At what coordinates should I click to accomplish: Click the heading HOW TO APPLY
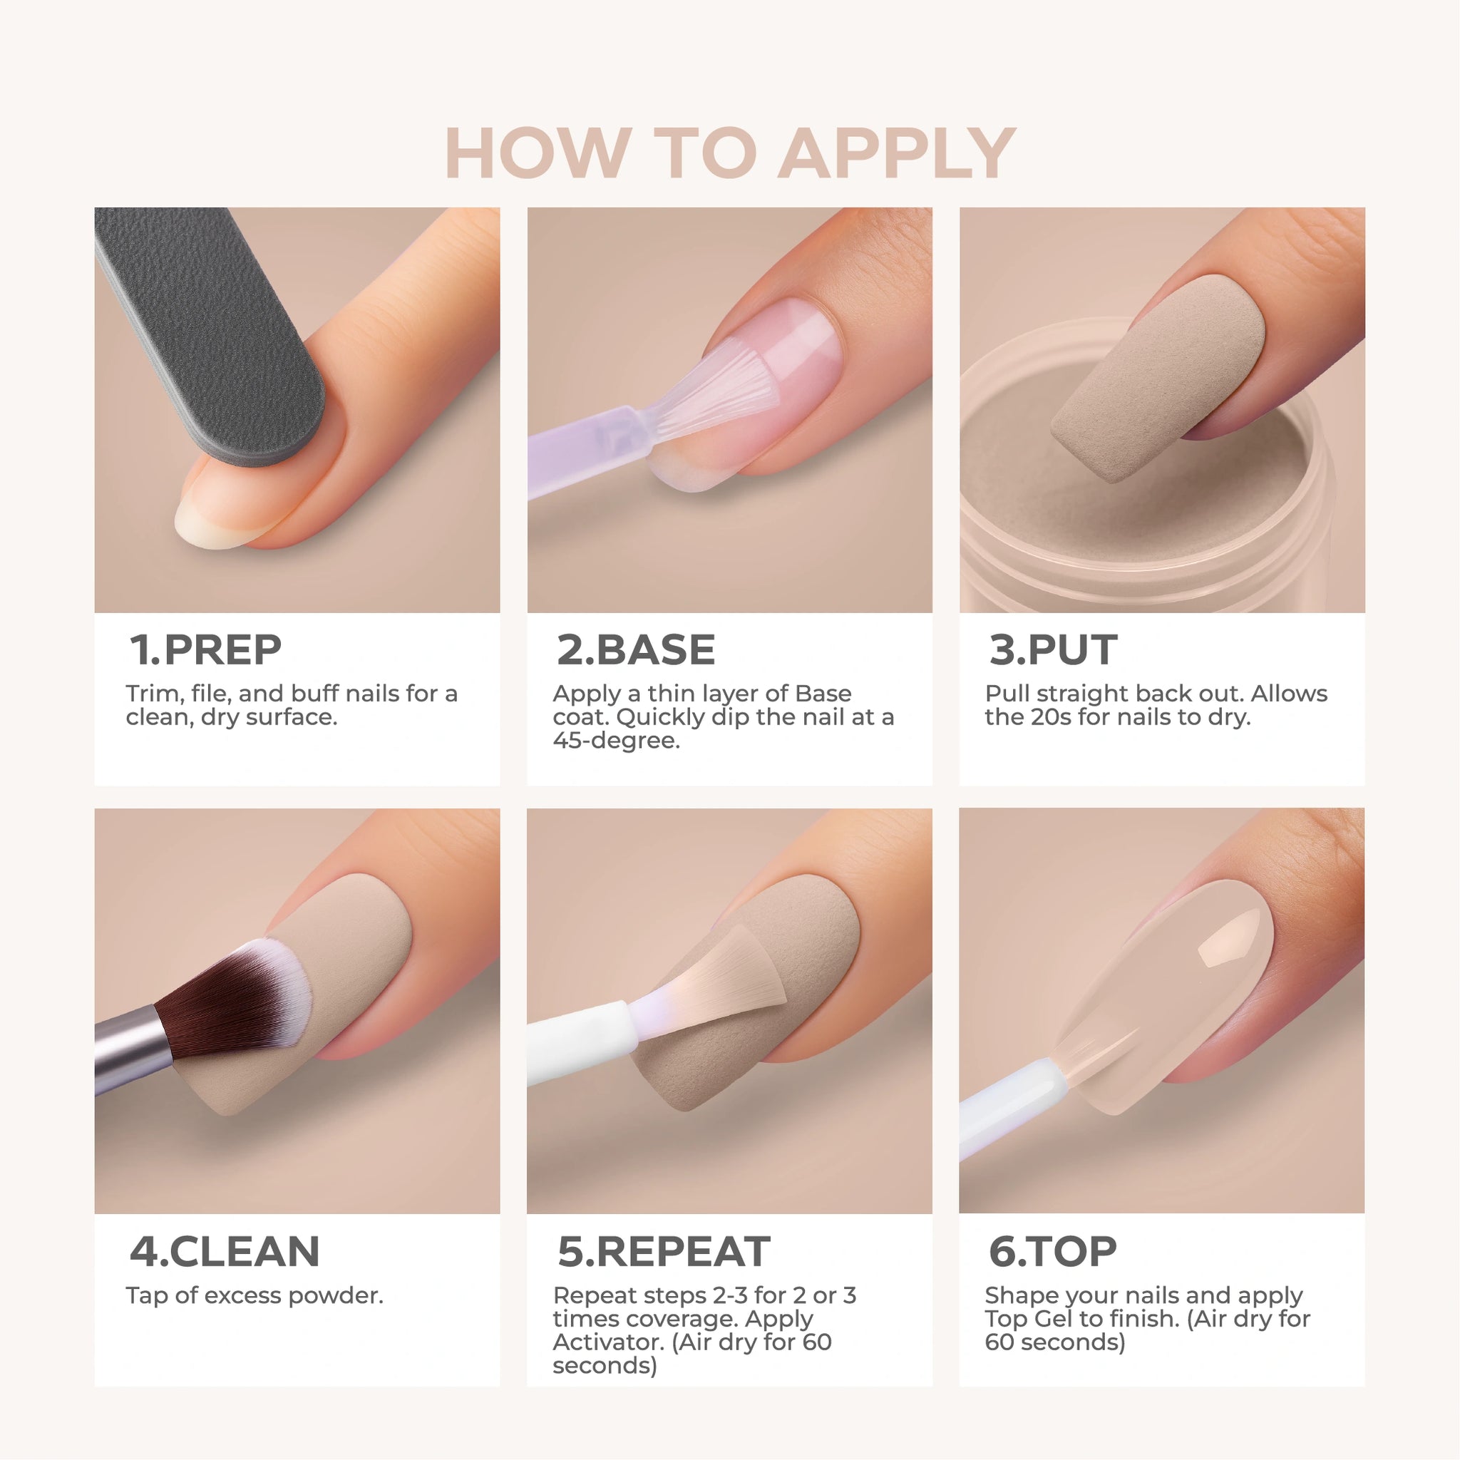tap(730, 153)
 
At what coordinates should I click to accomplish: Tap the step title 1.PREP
tap(205, 650)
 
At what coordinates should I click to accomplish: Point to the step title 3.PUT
tap(1053, 650)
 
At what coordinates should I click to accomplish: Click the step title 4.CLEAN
tap(225, 1251)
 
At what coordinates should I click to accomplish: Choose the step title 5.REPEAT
tap(664, 1251)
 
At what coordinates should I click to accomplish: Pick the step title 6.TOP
tap(1052, 1251)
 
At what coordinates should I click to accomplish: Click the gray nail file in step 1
tap(208, 332)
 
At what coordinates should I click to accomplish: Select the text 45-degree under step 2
tap(616, 741)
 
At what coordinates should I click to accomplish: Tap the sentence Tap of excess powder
tap(255, 1296)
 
